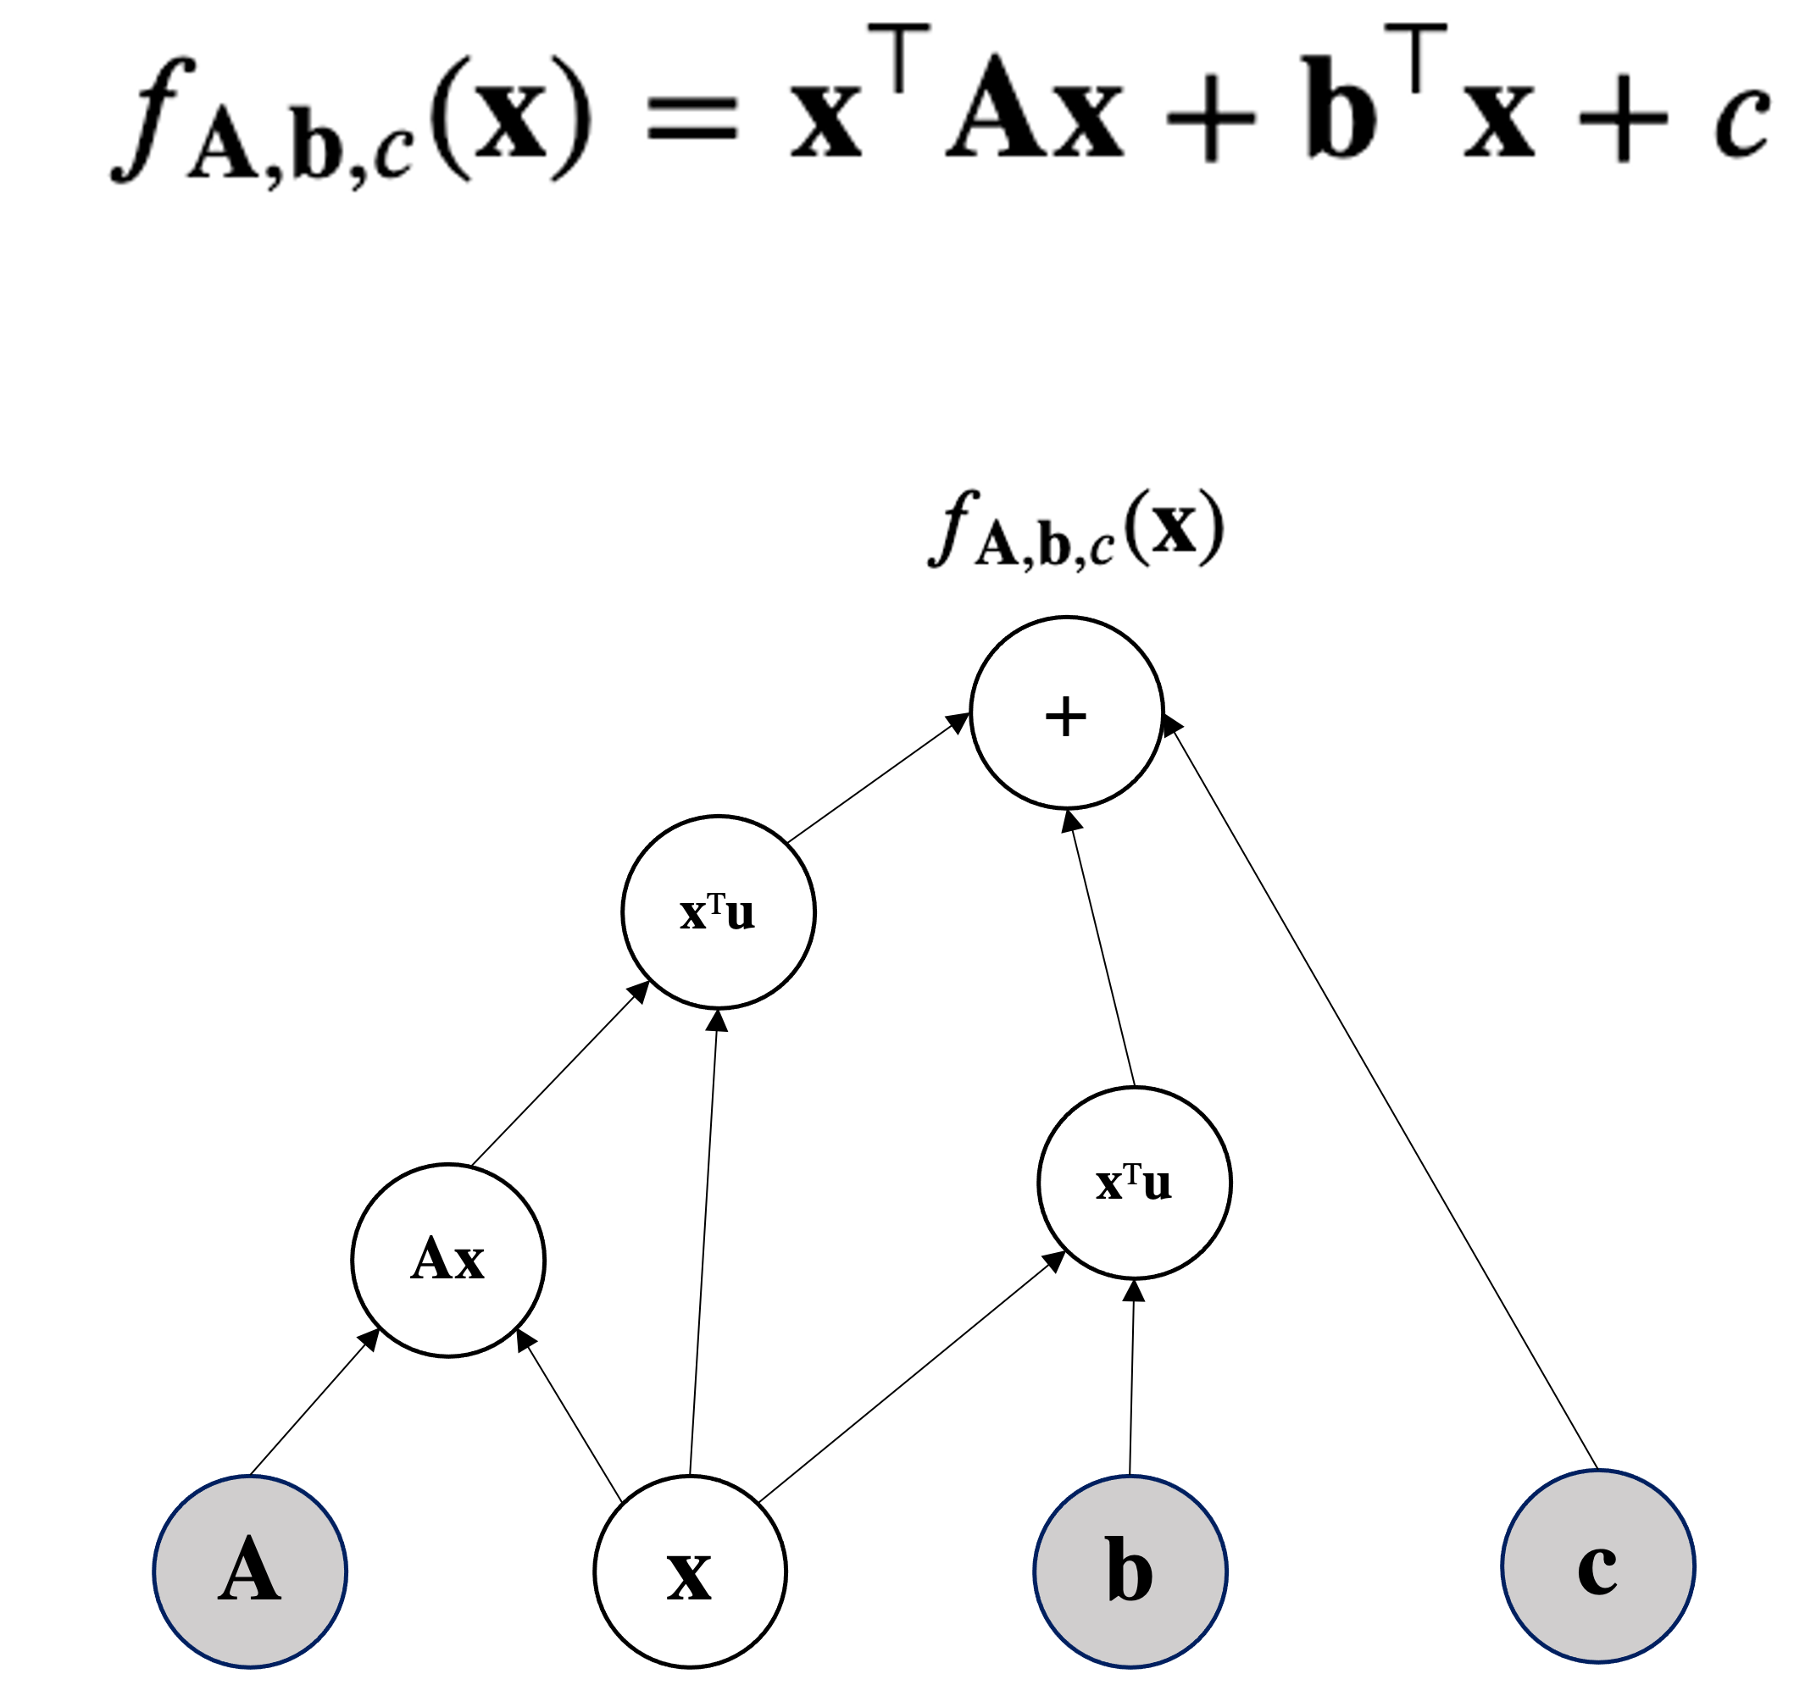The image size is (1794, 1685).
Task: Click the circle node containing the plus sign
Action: coord(1066,712)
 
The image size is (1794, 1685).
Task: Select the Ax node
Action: coord(447,1260)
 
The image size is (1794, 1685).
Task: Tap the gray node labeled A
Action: coord(250,1571)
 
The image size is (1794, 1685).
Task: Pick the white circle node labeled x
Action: coord(690,1571)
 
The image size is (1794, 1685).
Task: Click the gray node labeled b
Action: coord(1130,1571)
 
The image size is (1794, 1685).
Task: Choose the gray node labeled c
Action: coord(1597,1567)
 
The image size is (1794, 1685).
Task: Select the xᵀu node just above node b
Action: coord(1134,1183)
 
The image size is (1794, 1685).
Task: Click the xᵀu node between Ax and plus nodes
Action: coord(719,912)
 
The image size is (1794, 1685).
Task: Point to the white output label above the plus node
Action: coord(1080,529)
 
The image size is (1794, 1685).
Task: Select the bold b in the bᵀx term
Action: coord(1341,106)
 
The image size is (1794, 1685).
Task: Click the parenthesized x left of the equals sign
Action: coord(511,117)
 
